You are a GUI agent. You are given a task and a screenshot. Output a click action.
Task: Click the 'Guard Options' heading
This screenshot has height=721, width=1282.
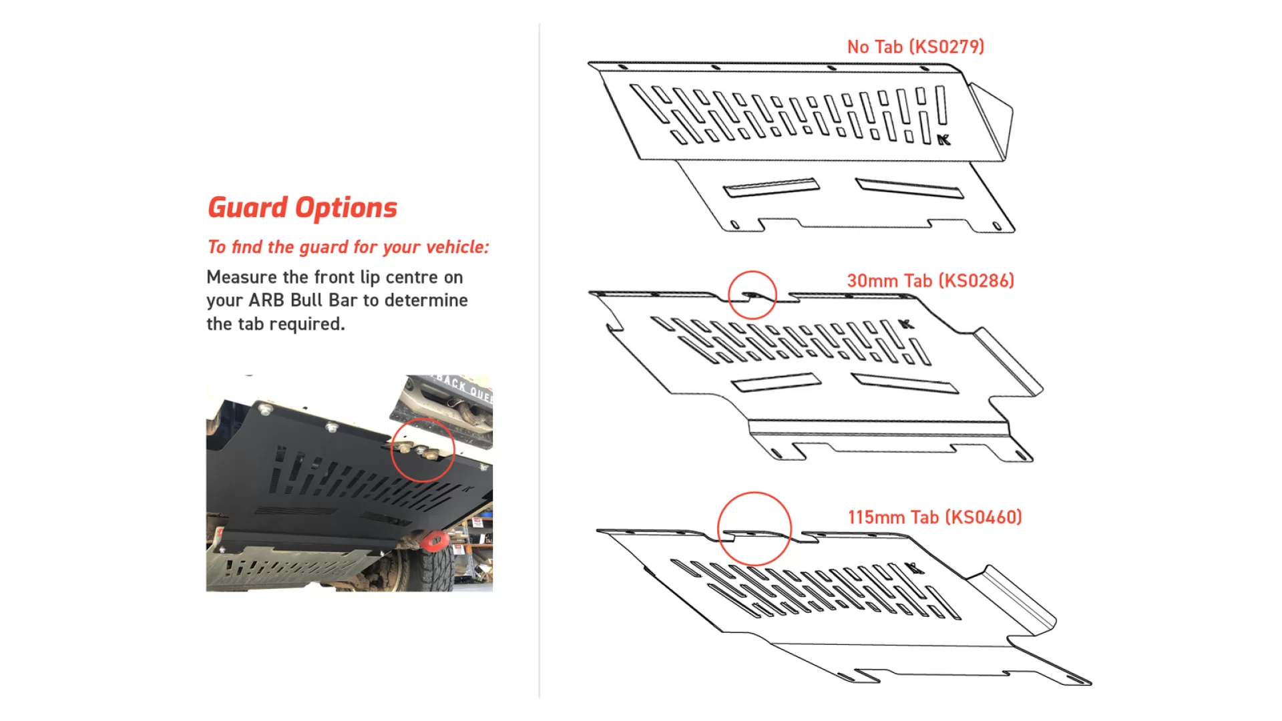click(302, 208)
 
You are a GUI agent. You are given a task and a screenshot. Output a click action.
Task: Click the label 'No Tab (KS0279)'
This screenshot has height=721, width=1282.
click(915, 47)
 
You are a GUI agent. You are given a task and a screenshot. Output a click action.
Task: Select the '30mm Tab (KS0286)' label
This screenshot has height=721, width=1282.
click(930, 281)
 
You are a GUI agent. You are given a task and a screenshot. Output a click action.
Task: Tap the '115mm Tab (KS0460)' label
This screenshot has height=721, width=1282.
click(935, 517)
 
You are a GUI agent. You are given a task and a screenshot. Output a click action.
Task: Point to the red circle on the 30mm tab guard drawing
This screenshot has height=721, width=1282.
click(752, 294)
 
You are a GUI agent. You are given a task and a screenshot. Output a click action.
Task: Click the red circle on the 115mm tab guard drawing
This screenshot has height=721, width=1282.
click(755, 529)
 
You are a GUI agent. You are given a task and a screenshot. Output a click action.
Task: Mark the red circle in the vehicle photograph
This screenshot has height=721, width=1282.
click(423, 449)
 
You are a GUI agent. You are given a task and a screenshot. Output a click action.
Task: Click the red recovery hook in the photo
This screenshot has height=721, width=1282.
click(435, 540)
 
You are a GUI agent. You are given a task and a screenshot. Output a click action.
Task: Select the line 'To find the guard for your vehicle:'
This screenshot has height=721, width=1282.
click(348, 248)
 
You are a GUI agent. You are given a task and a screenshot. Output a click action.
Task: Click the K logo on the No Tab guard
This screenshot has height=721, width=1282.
click(943, 140)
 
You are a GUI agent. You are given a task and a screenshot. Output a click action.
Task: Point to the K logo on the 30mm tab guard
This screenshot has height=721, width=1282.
click(906, 324)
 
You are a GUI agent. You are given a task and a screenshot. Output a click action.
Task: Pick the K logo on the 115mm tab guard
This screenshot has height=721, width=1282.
click(915, 568)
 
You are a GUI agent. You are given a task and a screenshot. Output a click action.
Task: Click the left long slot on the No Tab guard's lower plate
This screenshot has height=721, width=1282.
click(771, 188)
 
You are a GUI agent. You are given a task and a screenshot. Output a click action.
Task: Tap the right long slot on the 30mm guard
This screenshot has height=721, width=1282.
click(905, 383)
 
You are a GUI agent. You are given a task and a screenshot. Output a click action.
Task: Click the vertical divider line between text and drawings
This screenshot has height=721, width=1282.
click(540, 360)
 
